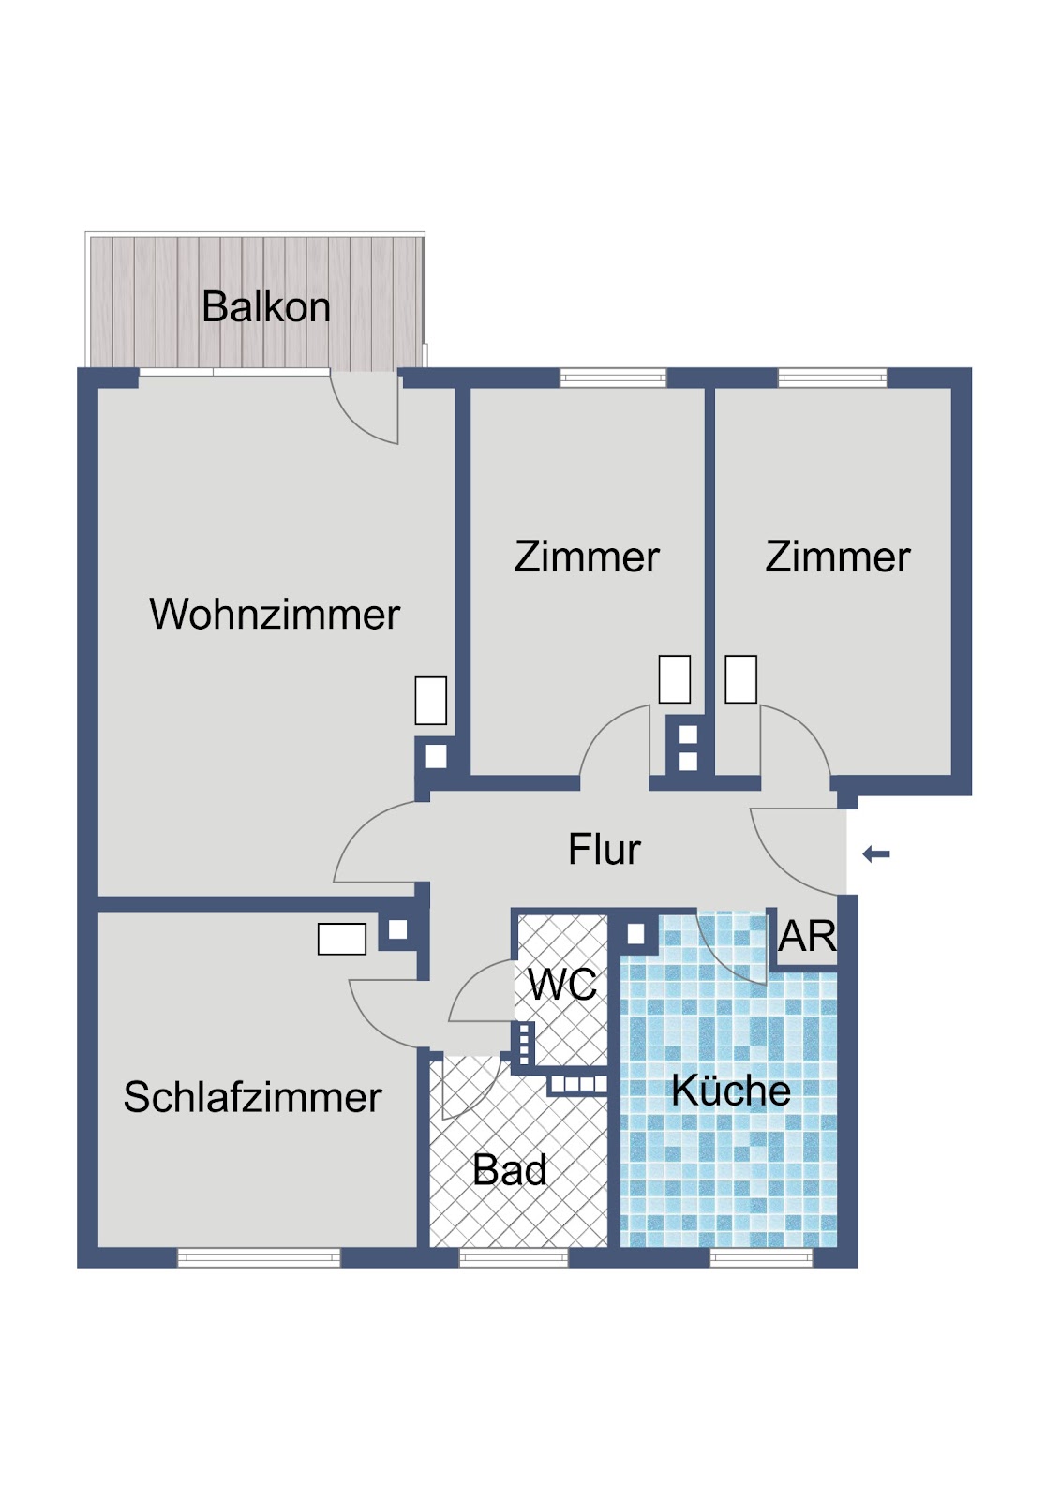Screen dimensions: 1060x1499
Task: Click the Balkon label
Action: (x=266, y=307)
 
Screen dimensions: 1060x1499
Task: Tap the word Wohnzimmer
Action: (x=275, y=614)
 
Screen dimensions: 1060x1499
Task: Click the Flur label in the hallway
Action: (x=604, y=849)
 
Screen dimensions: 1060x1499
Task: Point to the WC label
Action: (x=561, y=985)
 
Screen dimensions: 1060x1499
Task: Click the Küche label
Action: (x=731, y=1091)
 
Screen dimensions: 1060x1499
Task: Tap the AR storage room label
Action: (x=808, y=936)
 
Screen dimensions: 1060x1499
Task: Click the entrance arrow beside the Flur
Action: (x=876, y=853)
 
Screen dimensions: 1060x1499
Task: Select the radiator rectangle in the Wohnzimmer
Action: (x=430, y=701)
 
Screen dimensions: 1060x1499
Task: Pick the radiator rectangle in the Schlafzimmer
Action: (x=341, y=939)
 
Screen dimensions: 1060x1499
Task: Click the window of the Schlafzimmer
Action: (x=259, y=1258)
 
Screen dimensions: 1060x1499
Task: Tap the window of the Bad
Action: (x=514, y=1258)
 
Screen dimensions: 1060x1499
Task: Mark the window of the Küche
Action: (x=761, y=1258)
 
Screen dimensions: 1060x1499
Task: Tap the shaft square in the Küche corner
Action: (x=635, y=933)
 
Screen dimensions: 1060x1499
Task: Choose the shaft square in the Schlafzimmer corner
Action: (x=397, y=929)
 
